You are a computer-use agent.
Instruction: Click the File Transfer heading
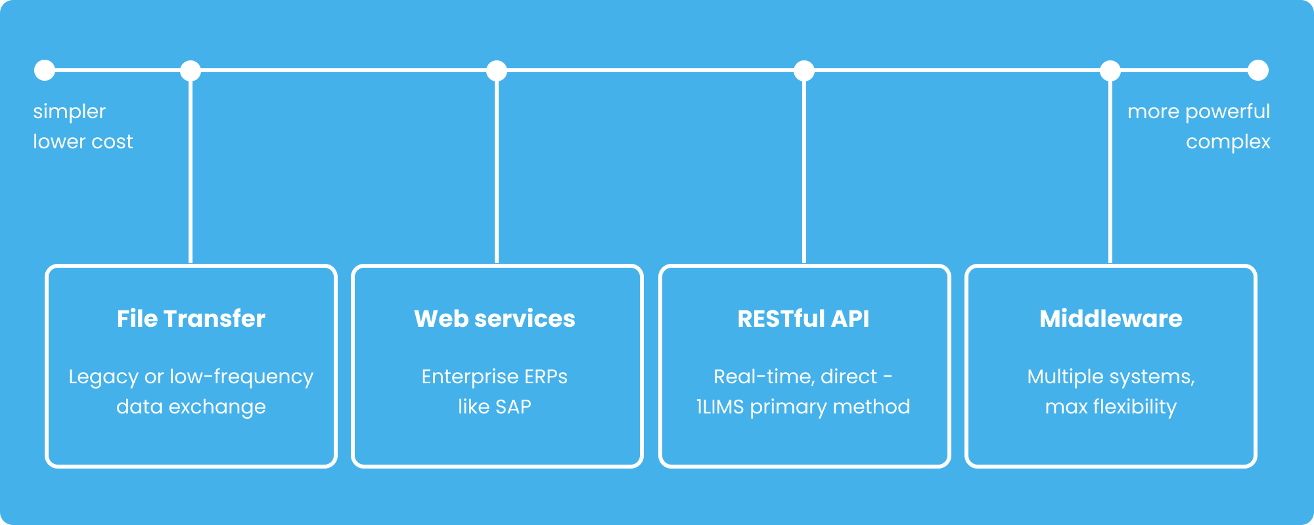pos(191,318)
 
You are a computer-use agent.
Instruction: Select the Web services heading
pos(495,318)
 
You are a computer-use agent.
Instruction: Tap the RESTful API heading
pos(804,318)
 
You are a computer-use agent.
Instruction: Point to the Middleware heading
pos(1111,318)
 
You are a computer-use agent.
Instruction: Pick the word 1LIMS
pos(720,407)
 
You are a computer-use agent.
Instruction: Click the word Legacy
pos(104,377)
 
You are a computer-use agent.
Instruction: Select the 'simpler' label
pos(69,112)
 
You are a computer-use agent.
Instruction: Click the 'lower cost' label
pos(83,142)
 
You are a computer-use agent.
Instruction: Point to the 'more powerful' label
pos(1199,112)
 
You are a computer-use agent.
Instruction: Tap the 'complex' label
pos(1228,142)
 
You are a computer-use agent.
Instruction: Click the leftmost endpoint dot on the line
pos(45,70)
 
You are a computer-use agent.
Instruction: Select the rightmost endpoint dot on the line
pos(1258,70)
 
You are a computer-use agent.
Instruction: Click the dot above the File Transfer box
pos(191,70)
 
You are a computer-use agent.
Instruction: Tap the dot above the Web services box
pos(497,70)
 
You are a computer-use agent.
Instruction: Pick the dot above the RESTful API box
pos(804,70)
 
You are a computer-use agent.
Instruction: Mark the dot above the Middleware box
pos(1110,70)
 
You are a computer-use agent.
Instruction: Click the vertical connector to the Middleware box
pos(1110,172)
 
